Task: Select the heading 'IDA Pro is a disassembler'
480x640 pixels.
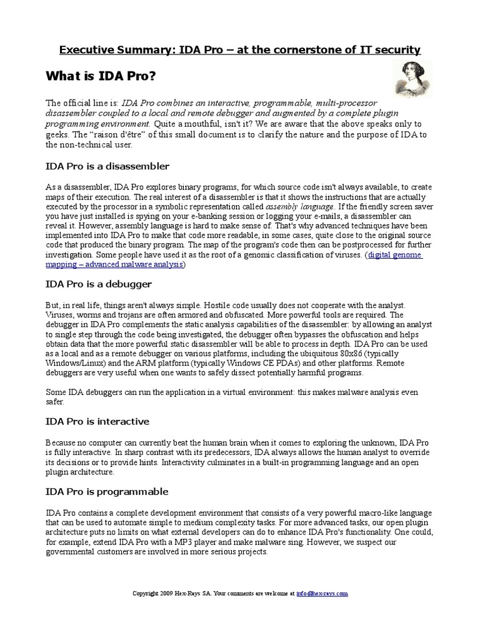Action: [107, 166]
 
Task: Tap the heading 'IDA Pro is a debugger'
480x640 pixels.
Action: [99, 284]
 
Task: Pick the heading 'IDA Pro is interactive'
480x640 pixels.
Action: [97, 422]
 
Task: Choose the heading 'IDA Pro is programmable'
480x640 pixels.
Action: [107, 492]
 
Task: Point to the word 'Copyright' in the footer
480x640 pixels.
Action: [146, 593]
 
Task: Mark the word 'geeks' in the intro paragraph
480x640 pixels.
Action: [57, 134]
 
